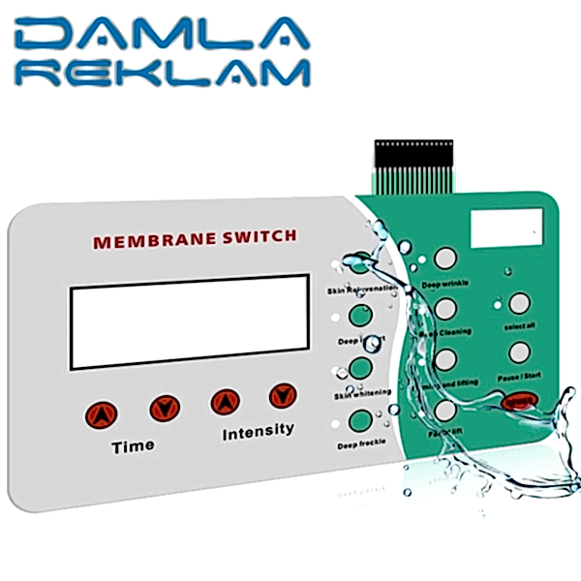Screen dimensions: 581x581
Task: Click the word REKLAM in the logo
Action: pyautogui.click(x=180, y=74)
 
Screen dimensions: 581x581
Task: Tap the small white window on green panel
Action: pyautogui.click(x=505, y=229)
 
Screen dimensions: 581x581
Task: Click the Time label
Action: pyautogui.click(x=133, y=446)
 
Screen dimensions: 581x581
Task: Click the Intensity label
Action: pyautogui.click(x=258, y=431)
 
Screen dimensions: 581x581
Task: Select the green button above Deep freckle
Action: pyautogui.click(x=360, y=421)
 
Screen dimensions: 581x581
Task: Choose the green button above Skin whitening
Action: pyautogui.click(x=360, y=368)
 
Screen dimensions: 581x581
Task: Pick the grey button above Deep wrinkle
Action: pyautogui.click(x=444, y=259)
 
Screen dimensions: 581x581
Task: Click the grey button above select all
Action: pyautogui.click(x=519, y=303)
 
